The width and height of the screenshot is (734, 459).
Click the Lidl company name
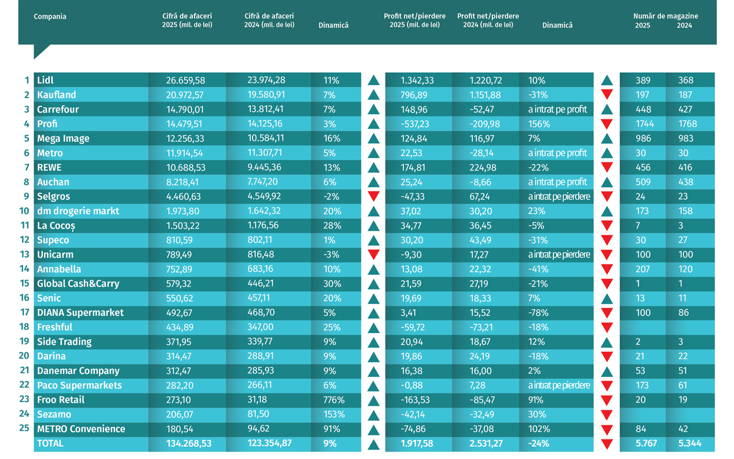coord(45,80)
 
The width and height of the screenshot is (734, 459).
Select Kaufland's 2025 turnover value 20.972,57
coord(185,95)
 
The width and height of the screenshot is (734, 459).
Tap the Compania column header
coord(50,17)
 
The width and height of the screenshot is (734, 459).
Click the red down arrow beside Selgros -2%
coord(374,196)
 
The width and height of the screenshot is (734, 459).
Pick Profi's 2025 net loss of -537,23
coord(415,124)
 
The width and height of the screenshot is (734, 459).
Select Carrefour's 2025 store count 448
coord(643,110)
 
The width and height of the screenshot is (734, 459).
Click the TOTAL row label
coord(50,444)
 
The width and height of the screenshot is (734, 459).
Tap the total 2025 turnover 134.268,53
coord(189,444)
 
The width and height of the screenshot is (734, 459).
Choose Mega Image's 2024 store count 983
coord(686,138)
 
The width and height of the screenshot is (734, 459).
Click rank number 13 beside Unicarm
coord(24,255)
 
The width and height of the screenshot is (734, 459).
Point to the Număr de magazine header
coord(665,16)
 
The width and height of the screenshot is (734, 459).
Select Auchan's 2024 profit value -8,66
coord(480,182)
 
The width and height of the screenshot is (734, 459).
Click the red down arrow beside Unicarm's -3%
coord(374,254)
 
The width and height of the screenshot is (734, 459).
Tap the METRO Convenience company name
coord(81,429)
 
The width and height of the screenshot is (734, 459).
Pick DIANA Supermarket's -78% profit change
coord(538,313)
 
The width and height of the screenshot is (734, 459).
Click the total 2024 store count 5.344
coord(690,444)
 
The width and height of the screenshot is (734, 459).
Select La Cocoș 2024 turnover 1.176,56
coord(263,226)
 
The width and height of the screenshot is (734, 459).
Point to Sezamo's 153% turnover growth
coord(334,414)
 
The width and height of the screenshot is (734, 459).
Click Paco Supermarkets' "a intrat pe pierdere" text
coord(559,385)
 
